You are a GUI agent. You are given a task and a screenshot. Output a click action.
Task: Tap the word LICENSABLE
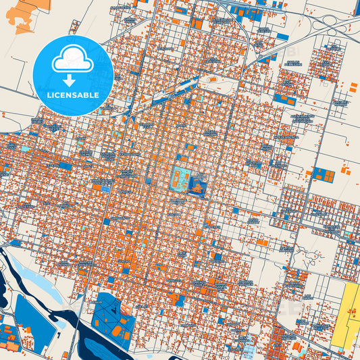click(x=73, y=95)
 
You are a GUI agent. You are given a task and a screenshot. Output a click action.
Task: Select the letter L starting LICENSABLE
click(x=49, y=95)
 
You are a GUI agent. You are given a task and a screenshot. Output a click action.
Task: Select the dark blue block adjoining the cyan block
click(x=198, y=184)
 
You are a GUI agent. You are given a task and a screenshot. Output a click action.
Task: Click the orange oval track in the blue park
click(x=122, y=331)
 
